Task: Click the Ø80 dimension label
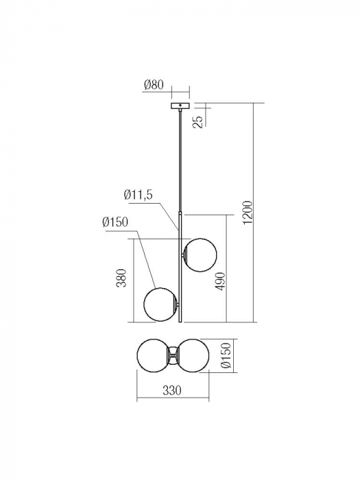(x=154, y=86)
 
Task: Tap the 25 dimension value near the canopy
(x=197, y=121)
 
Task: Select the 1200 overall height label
(x=248, y=213)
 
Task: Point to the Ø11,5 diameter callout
(x=138, y=195)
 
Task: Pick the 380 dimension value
(x=121, y=278)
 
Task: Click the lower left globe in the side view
(x=160, y=304)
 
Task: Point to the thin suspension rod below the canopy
(x=180, y=158)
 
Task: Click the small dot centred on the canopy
(x=180, y=106)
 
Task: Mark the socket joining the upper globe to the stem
(x=184, y=254)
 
